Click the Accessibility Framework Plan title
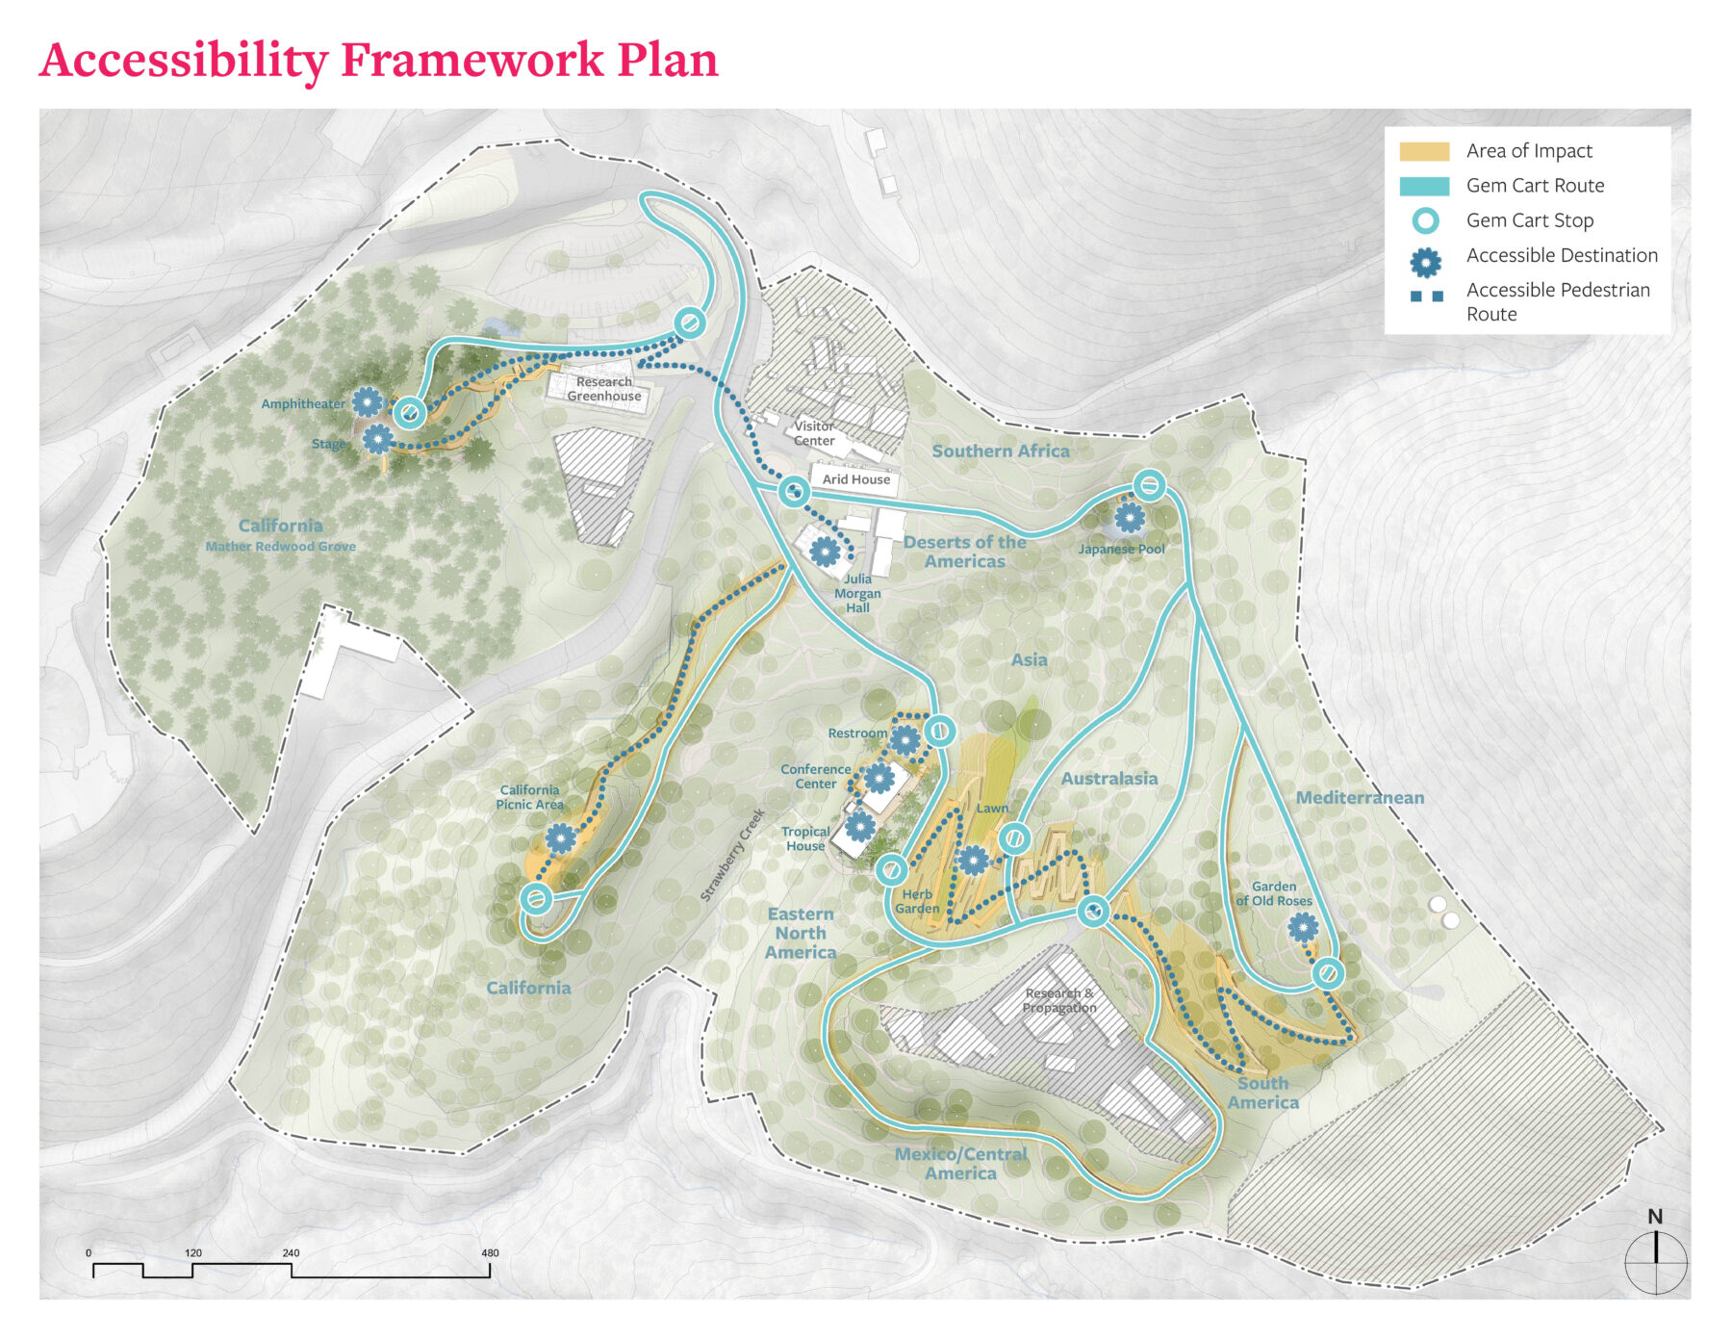click(378, 60)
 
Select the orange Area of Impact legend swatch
click(1424, 151)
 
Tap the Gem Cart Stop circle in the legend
click(1425, 220)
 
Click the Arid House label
click(855, 479)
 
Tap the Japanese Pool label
click(1121, 550)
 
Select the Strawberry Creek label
click(733, 855)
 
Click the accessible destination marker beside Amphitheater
click(368, 401)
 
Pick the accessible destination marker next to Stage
click(377, 439)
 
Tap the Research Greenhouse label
click(603, 389)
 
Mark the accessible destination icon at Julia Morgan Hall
click(825, 552)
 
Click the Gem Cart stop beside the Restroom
click(940, 732)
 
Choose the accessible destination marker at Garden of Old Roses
click(1303, 927)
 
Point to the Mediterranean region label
click(1359, 797)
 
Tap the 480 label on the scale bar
click(490, 1252)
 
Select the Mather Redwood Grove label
click(280, 547)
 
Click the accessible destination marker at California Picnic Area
click(561, 838)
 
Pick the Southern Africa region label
click(1000, 451)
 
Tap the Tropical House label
click(805, 838)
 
